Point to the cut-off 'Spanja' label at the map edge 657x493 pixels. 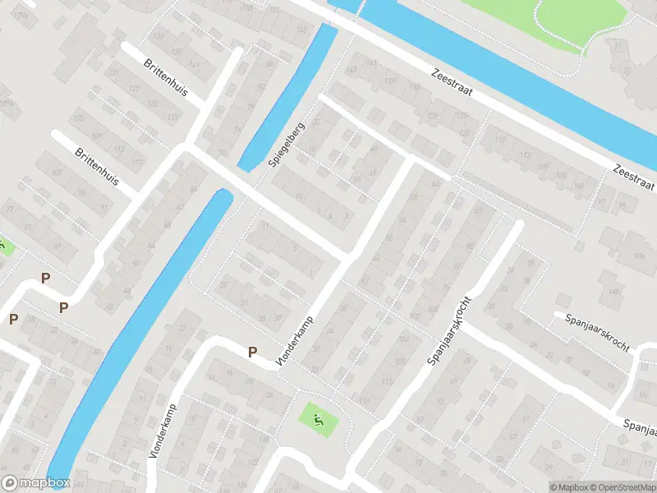pyautogui.click(x=640, y=428)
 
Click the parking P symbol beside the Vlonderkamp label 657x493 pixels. pyautogui.click(x=253, y=352)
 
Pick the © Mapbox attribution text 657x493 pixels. pyautogui.click(x=569, y=486)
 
